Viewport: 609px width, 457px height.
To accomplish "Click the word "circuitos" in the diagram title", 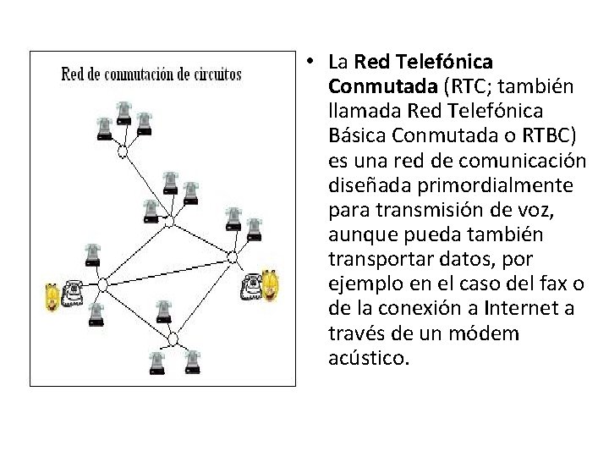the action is coord(216,74).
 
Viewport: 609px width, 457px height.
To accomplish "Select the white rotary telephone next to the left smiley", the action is coord(74,293).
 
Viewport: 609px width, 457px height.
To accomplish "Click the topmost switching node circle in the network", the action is coord(123,152).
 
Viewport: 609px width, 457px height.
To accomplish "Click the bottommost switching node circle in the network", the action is coord(173,339).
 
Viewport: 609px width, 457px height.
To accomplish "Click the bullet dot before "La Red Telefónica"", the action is coord(311,62).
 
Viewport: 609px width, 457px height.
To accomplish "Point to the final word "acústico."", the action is coord(369,357).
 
